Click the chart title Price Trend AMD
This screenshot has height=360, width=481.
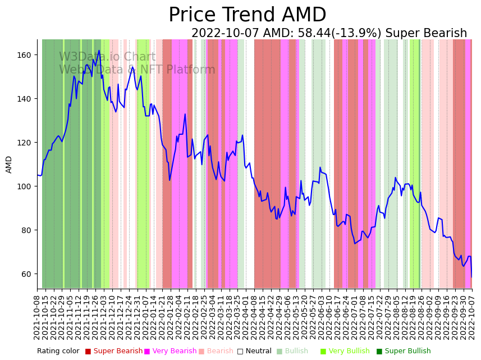[x=247, y=15]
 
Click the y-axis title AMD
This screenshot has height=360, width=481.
[x=9, y=164]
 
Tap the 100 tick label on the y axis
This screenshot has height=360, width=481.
[x=26, y=186]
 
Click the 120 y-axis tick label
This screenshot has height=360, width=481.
[x=26, y=143]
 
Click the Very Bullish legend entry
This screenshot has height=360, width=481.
[x=349, y=351]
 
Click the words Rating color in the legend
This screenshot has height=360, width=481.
[x=58, y=351]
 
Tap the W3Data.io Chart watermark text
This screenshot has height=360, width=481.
[x=107, y=57]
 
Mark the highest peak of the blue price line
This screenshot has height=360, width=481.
[x=99, y=51]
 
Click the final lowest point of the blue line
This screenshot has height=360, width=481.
[x=471, y=277]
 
